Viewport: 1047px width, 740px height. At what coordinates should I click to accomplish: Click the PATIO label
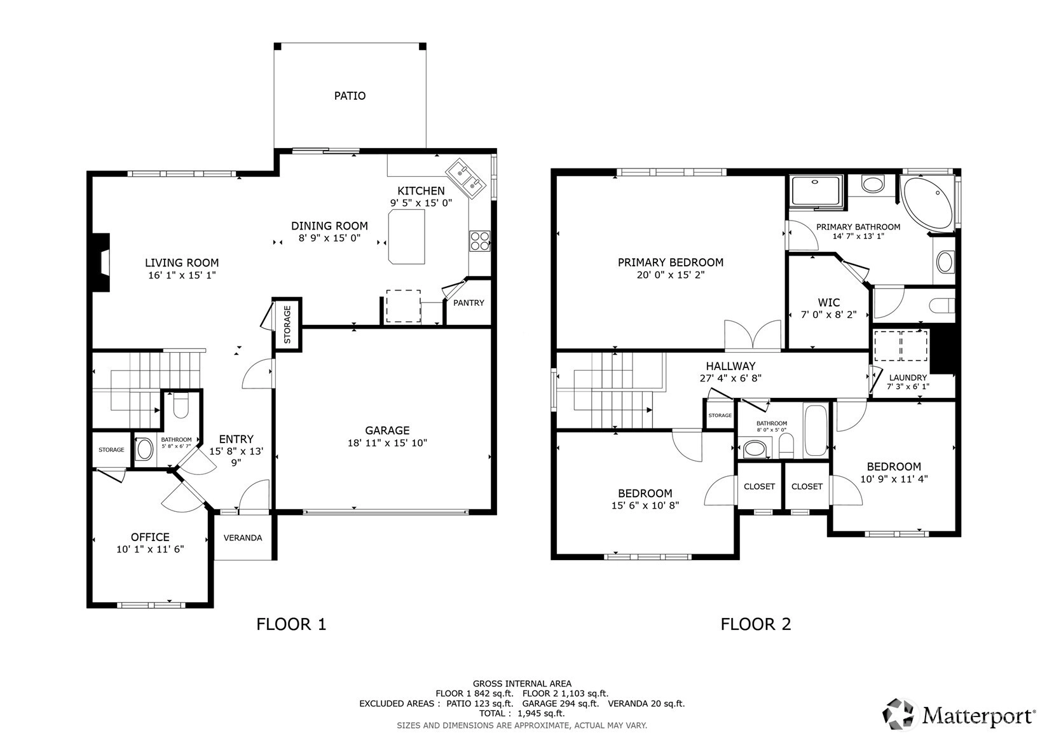coord(350,96)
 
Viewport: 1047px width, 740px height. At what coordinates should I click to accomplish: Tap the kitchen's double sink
coord(465,179)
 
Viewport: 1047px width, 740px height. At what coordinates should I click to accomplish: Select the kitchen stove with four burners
coord(480,241)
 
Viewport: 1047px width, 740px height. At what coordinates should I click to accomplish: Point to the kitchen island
coord(407,236)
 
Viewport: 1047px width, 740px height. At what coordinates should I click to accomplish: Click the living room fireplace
coord(100,263)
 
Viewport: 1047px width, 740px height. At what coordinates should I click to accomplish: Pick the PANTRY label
coord(469,303)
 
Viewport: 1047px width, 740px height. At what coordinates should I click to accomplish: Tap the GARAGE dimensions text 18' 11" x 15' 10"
coord(387,442)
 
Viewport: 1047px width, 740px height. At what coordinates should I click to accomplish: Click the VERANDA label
coord(243,538)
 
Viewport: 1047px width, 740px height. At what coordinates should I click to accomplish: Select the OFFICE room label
coord(150,537)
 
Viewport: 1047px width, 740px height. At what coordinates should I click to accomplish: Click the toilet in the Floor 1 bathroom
coord(181,405)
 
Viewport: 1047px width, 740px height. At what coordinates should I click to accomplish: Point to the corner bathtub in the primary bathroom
coord(928,204)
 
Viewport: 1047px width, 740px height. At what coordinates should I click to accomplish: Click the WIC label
coord(829,303)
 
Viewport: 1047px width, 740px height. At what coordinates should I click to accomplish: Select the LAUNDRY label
coord(908,378)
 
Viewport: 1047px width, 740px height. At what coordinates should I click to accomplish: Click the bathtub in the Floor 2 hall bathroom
coord(816,430)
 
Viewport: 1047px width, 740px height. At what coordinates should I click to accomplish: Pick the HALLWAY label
coord(730,366)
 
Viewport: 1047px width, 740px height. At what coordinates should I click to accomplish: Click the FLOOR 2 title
coord(755,624)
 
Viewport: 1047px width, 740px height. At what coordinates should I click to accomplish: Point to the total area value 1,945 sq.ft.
coord(541,713)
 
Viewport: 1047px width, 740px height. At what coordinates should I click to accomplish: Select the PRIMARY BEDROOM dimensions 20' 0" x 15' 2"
coord(670,275)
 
